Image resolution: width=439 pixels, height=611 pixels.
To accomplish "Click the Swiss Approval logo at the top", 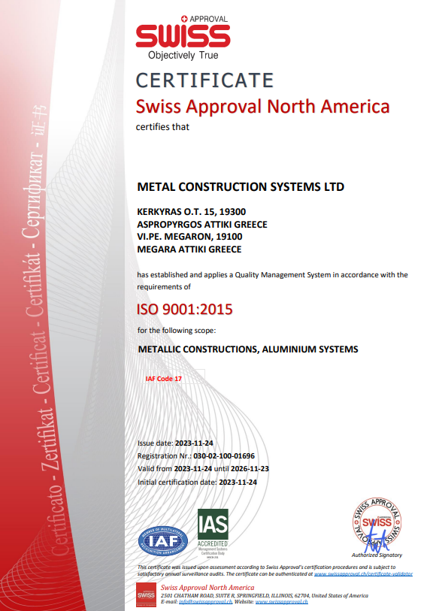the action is pos(183,37).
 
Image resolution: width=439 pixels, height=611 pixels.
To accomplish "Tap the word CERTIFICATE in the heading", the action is pos(204,80).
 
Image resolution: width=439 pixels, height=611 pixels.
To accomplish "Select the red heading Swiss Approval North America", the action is pos(262,106).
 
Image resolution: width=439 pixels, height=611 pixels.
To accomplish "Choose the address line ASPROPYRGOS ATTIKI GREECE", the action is pos(201,224).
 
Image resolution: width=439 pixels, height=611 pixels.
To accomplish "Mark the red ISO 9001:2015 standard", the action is pos(184,309).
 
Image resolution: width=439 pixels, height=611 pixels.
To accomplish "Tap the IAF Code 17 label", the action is pos(164,379).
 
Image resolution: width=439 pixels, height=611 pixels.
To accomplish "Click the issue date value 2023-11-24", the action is pos(198,443).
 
